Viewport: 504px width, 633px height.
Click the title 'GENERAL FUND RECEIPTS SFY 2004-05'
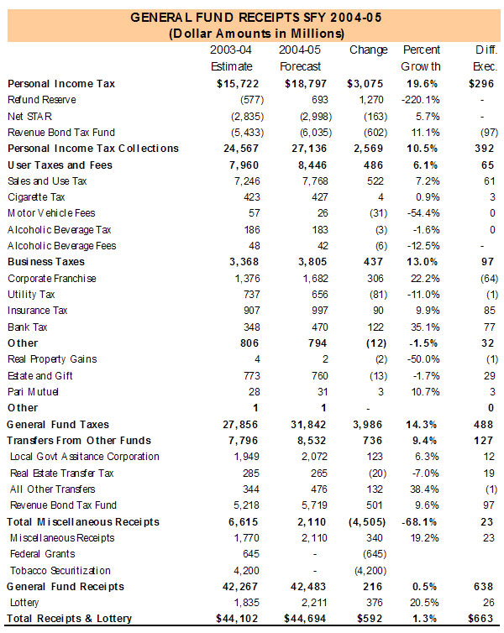[252, 17]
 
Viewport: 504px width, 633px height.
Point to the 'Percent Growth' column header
[422, 58]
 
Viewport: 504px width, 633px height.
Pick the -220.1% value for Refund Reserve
[420, 100]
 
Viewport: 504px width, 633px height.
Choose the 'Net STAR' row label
[26, 116]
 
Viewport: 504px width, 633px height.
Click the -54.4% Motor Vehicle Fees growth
[423, 213]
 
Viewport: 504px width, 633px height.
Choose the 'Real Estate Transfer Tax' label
[61, 473]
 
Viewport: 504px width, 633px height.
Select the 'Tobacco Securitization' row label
[60, 570]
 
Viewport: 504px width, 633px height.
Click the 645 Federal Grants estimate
[241, 554]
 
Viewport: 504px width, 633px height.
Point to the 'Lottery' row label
[25, 603]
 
